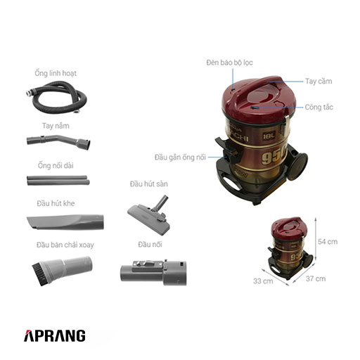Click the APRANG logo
(x=55, y=335)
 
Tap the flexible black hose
(x=58, y=110)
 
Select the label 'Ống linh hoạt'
(x=56, y=73)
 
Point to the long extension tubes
(x=58, y=180)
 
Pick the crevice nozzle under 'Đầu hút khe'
(x=65, y=222)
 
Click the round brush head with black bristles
(x=62, y=270)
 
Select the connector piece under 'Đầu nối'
(x=153, y=273)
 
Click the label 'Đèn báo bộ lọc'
(x=229, y=63)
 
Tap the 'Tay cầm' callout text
(x=319, y=82)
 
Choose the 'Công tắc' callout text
(x=319, y=107)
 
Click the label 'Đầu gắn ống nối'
(x=180, y=157)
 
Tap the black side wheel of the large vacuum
(x=297, y=166)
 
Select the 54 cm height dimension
(x=328, y=242)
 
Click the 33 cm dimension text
(x=263, y=281)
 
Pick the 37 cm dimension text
(x=316, y=278)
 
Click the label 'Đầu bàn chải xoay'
(x=65, y=245)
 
